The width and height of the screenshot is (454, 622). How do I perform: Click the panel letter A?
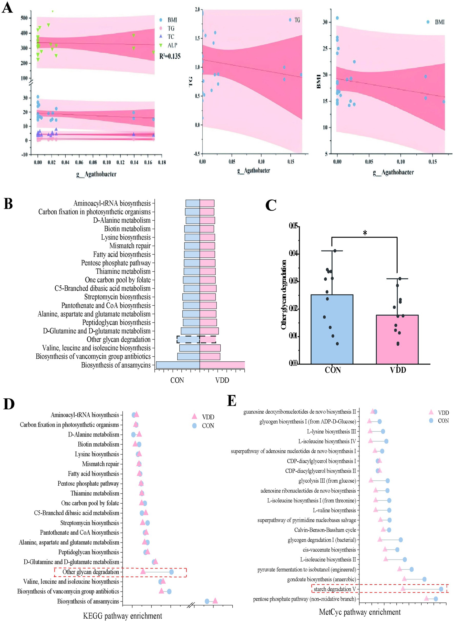tap(7, 8)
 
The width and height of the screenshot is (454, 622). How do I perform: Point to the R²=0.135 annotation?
tap(170, 56)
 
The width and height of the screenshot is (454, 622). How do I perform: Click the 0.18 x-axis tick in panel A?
tap(162, 162)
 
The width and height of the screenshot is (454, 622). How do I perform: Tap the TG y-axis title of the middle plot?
tap(190, 82)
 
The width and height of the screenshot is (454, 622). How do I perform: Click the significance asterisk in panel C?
tap(365, 233)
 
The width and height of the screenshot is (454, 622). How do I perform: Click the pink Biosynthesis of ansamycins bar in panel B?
tap(222, 365)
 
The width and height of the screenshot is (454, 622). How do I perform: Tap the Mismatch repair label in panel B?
tap(130, 246)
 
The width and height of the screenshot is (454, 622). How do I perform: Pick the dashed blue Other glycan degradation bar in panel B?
tap(188, 339)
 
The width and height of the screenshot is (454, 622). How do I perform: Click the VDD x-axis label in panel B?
tap(222, 380)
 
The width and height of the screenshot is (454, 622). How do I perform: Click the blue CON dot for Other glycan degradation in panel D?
tap(171, 572)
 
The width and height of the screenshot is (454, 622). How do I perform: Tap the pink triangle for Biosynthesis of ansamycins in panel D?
tap(215, 601)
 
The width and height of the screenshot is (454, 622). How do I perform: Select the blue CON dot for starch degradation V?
tap(441, 589)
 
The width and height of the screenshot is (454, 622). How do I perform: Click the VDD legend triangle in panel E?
tap(431, 412)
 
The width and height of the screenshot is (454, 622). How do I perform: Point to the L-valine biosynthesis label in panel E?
tap(334, 510)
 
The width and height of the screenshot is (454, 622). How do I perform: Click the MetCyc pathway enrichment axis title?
tap(360, 612)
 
